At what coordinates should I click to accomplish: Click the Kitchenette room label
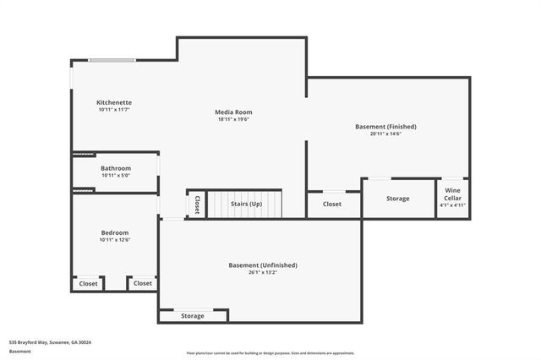114,102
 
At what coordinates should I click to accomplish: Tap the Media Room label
233,112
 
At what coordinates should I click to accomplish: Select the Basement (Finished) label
385,127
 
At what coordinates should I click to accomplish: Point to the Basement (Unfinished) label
263,265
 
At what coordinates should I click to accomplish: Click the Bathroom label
116,168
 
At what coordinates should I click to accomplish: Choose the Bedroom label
115,232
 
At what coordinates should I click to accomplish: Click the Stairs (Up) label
246,204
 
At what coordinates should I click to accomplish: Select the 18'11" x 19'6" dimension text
233,119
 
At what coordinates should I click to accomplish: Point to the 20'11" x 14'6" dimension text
385,134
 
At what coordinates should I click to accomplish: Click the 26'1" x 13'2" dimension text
263,273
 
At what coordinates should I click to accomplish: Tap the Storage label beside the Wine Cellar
398,199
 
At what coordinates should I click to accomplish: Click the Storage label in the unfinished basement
193,316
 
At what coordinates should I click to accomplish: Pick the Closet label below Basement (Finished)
332,204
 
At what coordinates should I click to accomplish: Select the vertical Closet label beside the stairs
197,204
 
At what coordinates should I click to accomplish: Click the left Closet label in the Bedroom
89,284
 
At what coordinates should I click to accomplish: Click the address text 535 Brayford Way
50,342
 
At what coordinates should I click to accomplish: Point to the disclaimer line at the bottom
270,353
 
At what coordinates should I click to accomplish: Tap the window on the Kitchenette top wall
112,60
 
